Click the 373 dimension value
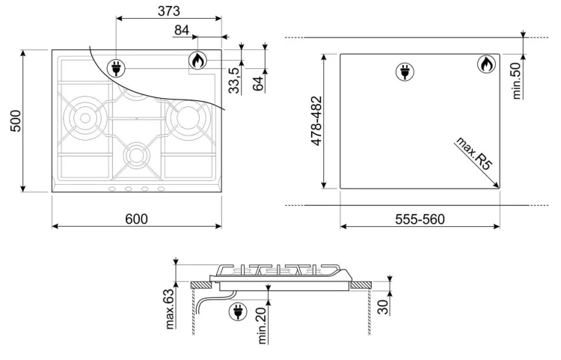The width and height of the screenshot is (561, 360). tap(169, 11)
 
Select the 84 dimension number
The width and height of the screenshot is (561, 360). tap(182, 31)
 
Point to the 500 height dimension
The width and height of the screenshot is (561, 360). tap(16, 121)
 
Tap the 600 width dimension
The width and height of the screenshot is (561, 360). tap(136, 219)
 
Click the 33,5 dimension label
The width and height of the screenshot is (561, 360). tap(234, 81)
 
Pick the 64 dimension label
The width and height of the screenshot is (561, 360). tap(257, 83)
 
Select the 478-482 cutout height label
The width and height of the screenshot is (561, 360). tap(316, 121)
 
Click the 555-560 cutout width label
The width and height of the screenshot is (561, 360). tap(420, 219)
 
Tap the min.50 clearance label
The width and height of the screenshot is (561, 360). tap(517, 81)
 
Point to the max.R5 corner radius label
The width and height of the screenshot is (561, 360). tap(473, 153)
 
